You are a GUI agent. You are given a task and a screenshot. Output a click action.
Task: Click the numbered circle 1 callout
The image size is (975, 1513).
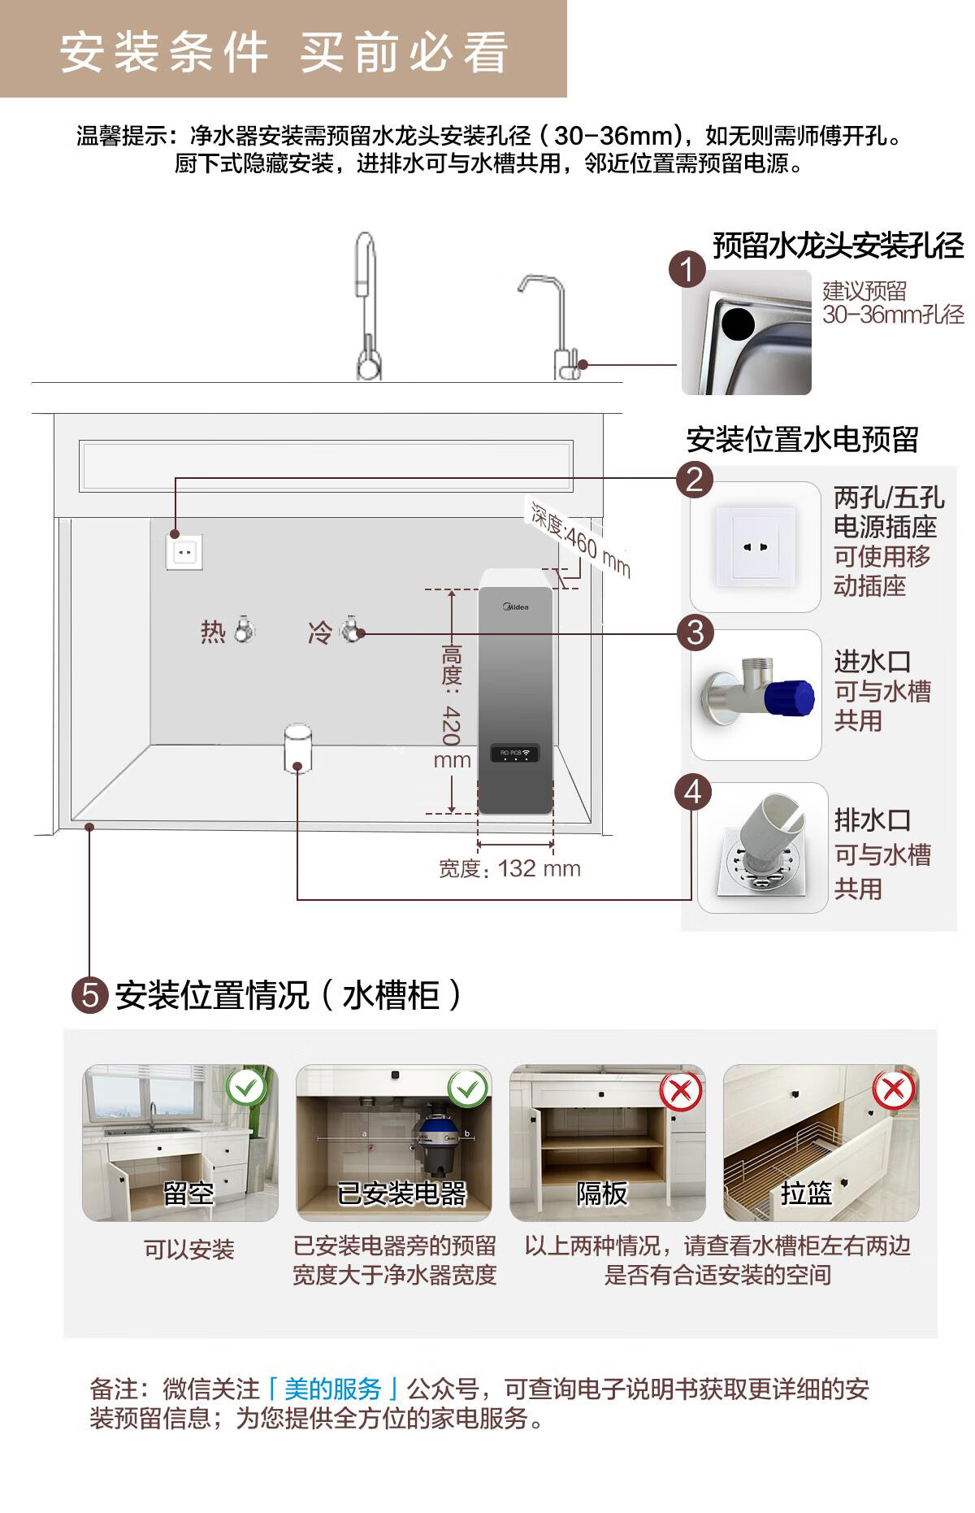pos(687,269)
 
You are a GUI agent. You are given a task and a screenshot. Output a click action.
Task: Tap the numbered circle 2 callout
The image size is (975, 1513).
pos(694,479)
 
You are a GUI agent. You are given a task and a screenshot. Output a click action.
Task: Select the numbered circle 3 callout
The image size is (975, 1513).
pos(695,633)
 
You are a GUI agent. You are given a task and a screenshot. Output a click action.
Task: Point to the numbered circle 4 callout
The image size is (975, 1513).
pos(693,792)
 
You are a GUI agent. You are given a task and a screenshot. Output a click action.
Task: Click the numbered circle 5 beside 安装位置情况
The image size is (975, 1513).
pos(89,995)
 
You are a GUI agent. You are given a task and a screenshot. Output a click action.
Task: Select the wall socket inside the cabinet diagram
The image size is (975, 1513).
pos(184,552)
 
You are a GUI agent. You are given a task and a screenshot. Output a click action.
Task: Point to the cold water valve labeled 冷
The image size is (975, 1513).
pos(351,630)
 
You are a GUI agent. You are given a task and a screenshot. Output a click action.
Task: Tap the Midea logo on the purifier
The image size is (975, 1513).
pos(516,607)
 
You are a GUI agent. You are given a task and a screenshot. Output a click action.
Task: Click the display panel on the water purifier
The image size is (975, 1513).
pos(515,754)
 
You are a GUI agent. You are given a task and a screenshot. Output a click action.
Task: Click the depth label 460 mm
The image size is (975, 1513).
pos(581,538)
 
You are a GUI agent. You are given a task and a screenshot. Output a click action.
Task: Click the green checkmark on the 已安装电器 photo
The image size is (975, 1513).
pos(467,1087)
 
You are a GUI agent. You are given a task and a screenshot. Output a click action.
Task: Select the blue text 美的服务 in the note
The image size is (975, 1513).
pos(333,1389)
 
